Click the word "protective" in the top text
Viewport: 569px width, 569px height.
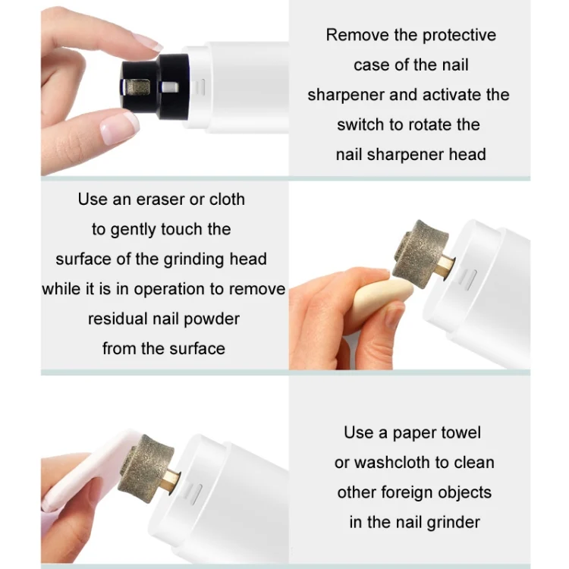pyautogui.click(x=459, y=36)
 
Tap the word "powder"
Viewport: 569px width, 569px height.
pyautogui.click(x=212, y=319)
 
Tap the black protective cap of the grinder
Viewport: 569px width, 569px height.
pyautogui.click(x=156, y=86)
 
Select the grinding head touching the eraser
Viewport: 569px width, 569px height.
pyautogui.click(x=420, y=253)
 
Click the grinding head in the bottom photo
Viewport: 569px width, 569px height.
pyautogui.click(x=146, y=468)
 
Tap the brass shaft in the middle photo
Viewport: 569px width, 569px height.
pyautogui.click(x=445, y=267)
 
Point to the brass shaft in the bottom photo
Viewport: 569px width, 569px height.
pyautogui.click(x=171, y=481)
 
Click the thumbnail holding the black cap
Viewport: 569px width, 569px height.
pyautogui.click(x=118, y=127)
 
